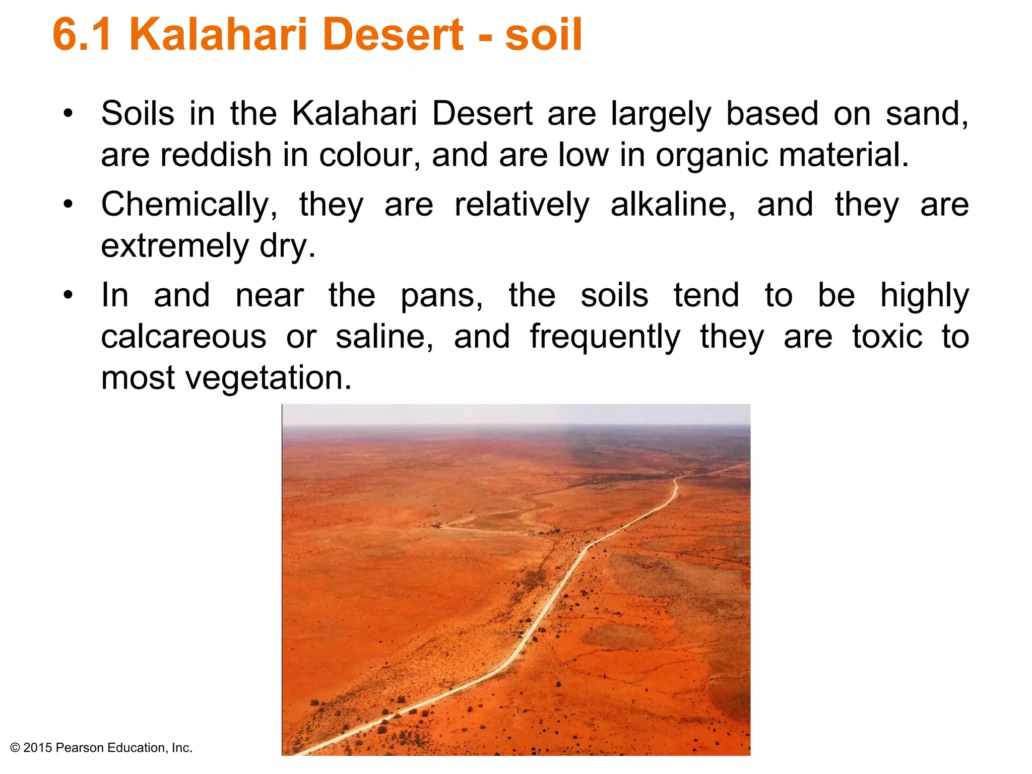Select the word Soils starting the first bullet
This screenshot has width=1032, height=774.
(138, 114)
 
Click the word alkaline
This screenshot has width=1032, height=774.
(673, 205)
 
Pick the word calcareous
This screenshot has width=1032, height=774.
(183, 337)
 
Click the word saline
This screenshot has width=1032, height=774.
(384, 337)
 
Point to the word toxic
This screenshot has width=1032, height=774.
(887, 337)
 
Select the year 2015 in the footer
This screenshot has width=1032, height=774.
(38, 748)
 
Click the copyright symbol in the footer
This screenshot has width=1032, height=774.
(15, 748)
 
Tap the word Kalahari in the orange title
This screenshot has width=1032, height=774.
(218, 35)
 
